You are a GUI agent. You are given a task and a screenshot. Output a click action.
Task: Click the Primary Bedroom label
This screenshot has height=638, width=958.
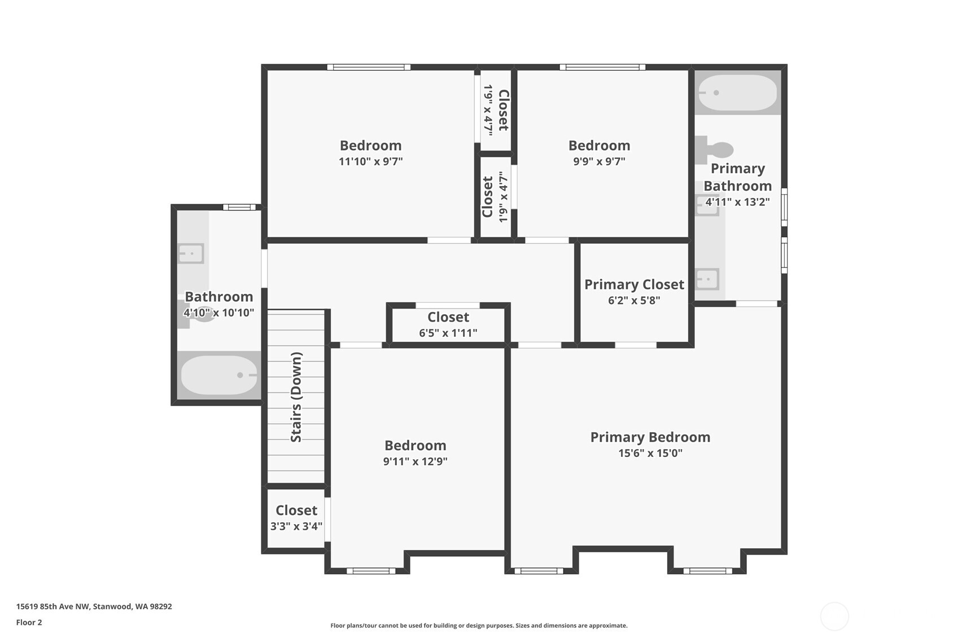tap(650, 437)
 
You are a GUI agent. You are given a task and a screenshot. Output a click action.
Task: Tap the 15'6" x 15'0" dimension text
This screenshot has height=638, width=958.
tap(650, 453)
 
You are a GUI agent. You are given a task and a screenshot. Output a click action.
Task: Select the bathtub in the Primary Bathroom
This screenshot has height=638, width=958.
tap(737, 93)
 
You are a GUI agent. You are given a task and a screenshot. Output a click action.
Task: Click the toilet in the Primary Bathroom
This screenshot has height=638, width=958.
tap(714, 150)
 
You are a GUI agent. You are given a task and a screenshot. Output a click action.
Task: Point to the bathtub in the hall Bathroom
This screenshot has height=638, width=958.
tap(219, 375)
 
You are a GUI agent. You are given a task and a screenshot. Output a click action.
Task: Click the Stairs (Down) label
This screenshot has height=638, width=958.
tap(296, 397)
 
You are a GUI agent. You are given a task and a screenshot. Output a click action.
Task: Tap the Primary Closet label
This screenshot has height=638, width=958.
tap(635, 285)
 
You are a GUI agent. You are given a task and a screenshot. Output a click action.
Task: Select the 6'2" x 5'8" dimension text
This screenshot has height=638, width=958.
tap(635, 301)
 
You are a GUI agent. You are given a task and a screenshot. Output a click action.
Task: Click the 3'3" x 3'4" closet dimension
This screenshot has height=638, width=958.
tap(296, 526)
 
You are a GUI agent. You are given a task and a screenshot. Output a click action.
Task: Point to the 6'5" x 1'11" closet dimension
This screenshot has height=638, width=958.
tap(448, 333)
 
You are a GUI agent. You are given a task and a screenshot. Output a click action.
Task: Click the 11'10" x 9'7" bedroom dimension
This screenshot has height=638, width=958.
tap(371, 161)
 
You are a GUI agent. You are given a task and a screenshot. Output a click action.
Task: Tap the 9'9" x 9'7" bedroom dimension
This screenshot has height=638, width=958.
tap(599, 161)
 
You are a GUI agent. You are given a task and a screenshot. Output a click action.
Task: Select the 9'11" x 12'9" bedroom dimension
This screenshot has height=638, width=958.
tap(415, 461)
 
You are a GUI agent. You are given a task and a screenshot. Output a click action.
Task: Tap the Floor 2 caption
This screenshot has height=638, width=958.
tap(29, 622)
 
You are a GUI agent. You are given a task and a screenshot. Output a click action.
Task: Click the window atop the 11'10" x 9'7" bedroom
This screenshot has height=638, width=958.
tap(369, 67)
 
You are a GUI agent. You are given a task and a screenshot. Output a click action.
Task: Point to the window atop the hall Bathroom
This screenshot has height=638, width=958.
tap(239, 207)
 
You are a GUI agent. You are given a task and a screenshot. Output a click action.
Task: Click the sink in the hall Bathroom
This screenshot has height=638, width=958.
tap(191, 254)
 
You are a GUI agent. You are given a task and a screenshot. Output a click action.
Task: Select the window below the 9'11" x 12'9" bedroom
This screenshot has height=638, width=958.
tap(371, 571)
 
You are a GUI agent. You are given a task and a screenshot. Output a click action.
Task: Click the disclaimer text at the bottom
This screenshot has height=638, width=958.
tap(479, 626)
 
